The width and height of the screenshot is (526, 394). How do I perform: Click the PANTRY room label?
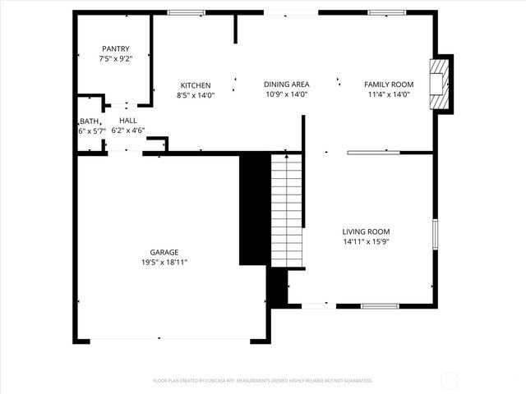116,48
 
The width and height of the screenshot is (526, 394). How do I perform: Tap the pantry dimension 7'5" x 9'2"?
116,58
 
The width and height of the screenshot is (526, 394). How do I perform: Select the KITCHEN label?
196,85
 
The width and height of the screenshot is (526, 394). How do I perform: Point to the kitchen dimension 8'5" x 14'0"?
196,95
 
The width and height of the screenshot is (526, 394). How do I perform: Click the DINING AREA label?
286,85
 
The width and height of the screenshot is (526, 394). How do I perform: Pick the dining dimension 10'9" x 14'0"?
286,94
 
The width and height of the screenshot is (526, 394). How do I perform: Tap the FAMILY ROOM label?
389,85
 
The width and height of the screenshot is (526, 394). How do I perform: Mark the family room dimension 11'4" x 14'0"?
389,94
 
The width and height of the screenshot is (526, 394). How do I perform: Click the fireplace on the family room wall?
442,84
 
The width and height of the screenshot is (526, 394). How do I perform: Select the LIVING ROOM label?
366,232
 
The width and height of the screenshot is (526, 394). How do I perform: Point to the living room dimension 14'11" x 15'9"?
366,242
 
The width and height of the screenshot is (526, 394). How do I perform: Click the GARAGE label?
164,252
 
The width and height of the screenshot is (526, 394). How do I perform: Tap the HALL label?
127,120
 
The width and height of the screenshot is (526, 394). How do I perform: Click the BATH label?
89,121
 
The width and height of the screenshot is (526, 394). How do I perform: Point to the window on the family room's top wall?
381,12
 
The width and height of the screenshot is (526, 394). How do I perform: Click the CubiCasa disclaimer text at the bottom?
263,381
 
